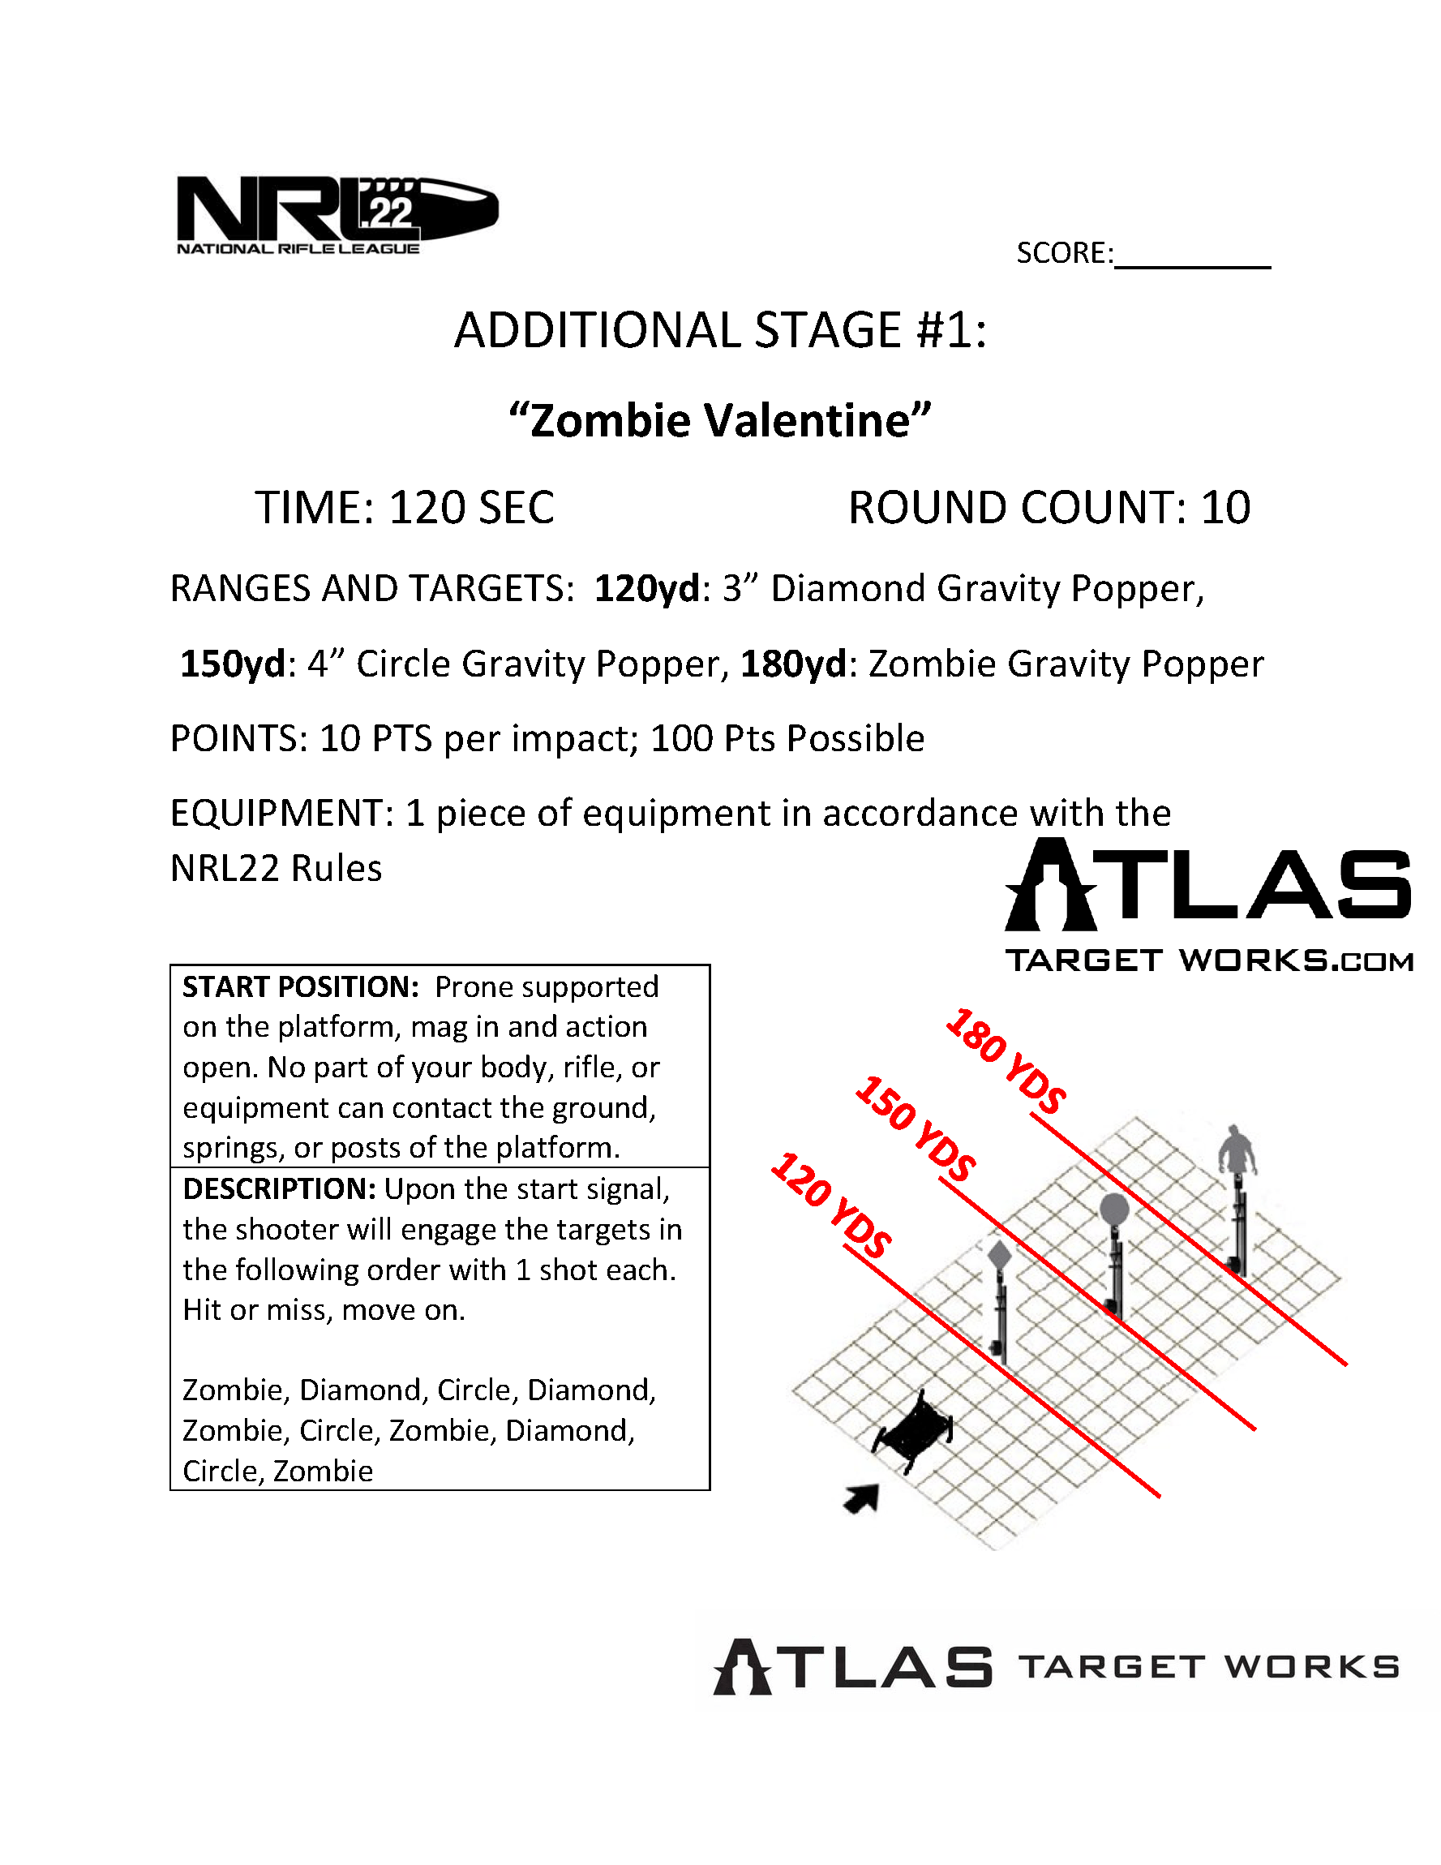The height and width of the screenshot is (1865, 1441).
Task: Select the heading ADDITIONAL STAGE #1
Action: (x=719, y=330)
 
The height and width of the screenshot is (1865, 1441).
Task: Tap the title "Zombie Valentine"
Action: (x=719, y=421)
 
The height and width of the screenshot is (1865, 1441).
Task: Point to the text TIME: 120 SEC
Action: (x=404, y=508)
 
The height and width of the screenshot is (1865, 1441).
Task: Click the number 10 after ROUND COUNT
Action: (x=1226, y=508)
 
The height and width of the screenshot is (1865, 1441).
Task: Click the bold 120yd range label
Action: (x=646, y=589)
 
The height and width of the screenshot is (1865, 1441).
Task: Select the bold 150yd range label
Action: (x=232, y=664)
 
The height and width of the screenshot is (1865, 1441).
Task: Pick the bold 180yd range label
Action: (x=793, y=664)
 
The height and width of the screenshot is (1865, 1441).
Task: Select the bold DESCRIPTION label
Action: (x=278, y=1189)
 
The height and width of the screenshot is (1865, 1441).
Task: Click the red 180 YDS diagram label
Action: (x=1006, y=1061)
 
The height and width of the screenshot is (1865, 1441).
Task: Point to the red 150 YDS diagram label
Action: (x=916, y=1129)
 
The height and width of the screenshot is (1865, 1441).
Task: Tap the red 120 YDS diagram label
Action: (x=830, y=1205)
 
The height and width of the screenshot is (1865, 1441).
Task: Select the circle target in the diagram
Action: (x=1114, y=1211)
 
